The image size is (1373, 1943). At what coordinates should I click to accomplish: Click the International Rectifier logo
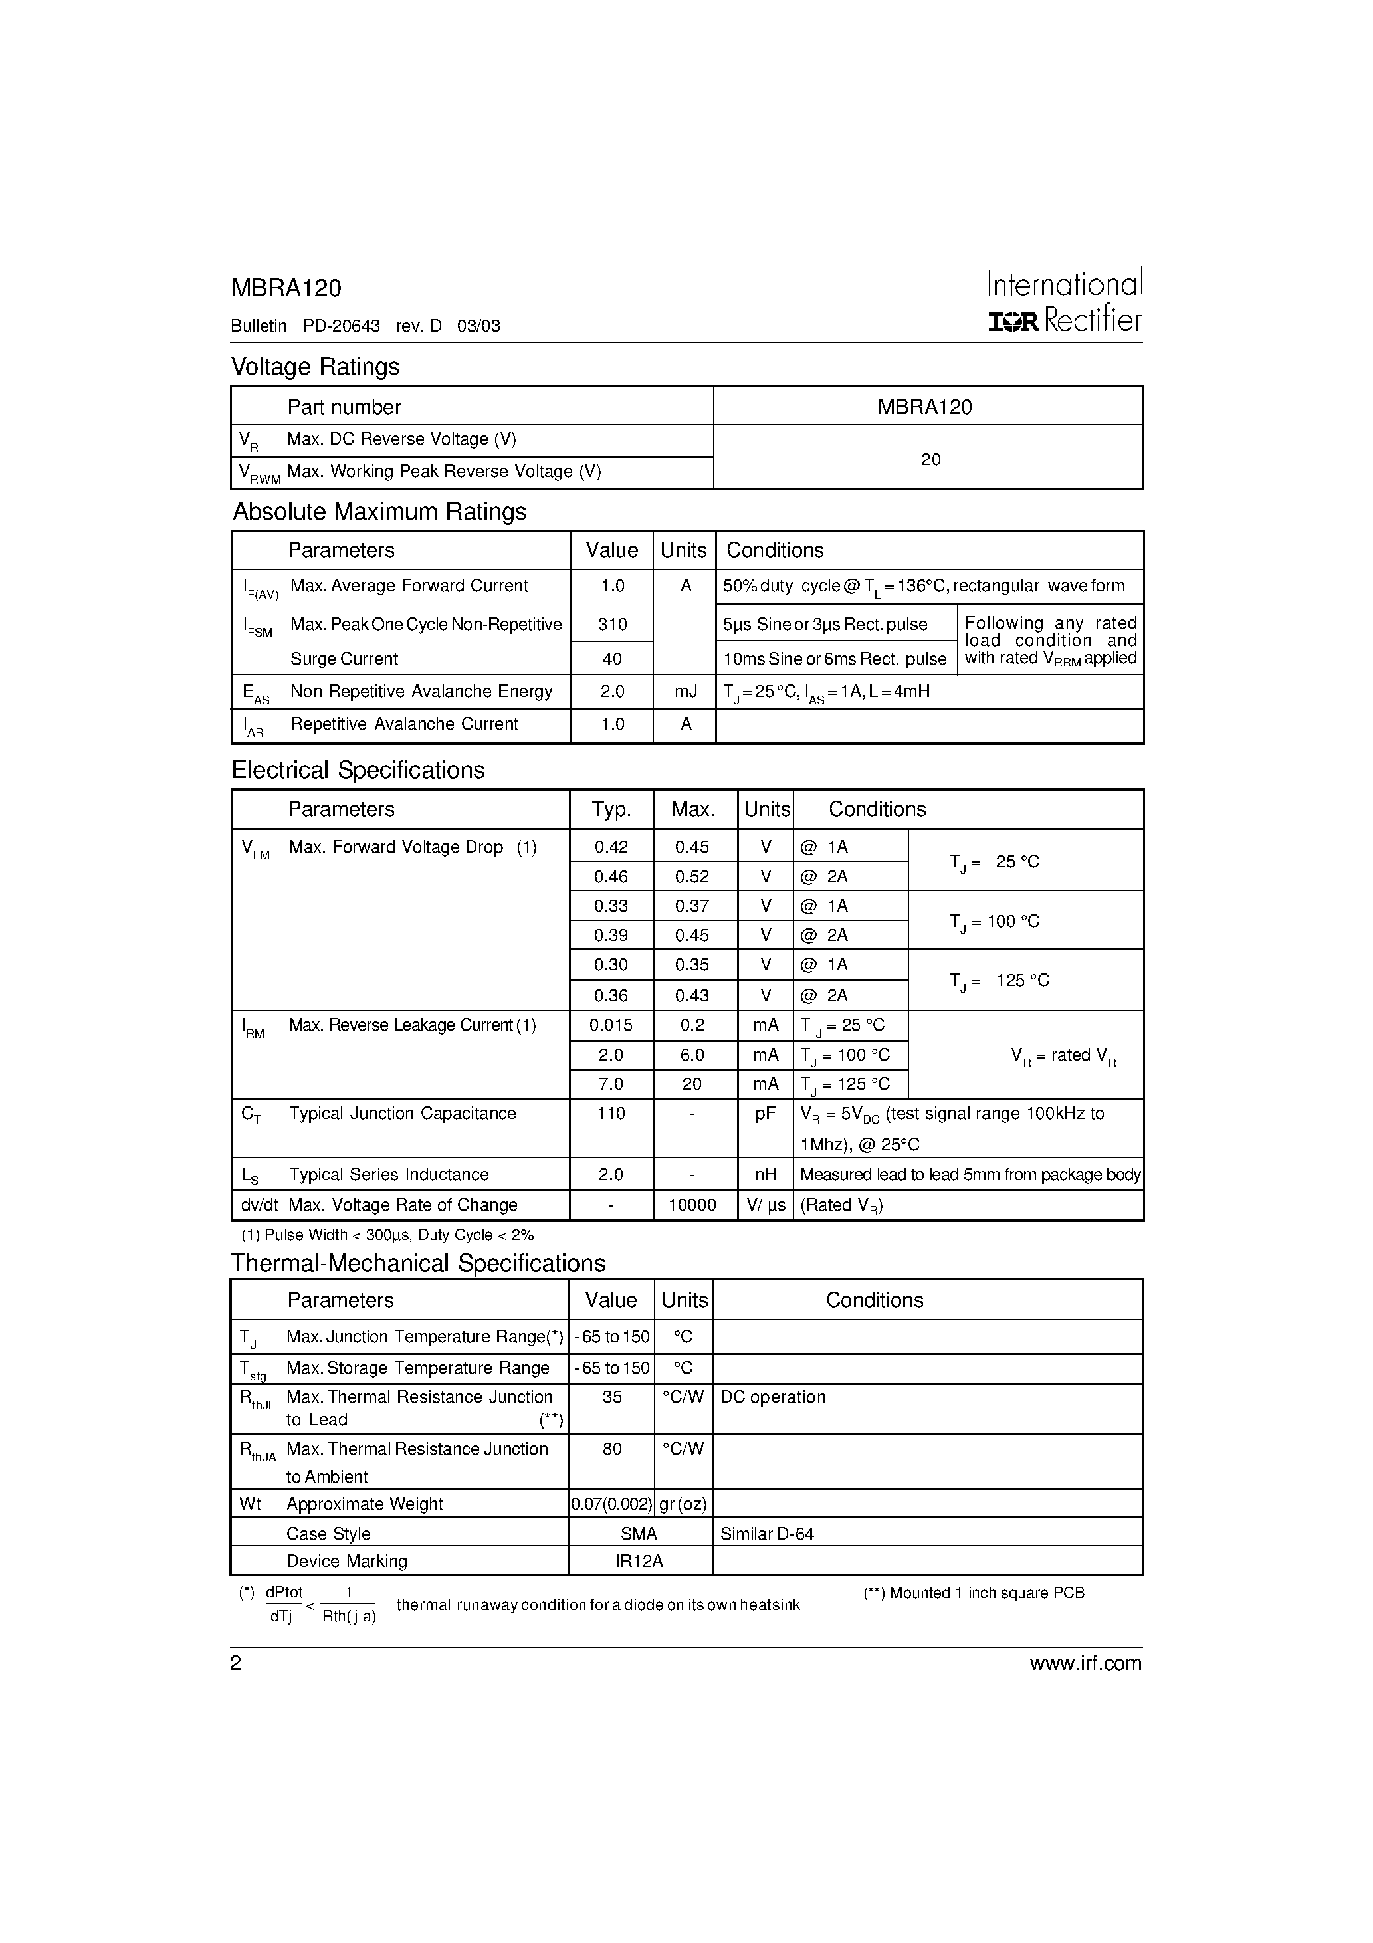(x=1065, y=301)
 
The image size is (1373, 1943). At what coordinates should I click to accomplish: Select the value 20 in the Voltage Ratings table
(x=930, y=460)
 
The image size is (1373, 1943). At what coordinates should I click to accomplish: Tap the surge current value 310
(x=612, y=625)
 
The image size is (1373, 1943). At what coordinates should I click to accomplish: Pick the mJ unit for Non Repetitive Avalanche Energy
(x=685, y=691)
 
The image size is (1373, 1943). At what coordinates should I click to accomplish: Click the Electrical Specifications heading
(x=358, y=770)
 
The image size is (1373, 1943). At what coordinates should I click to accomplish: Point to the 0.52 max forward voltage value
(x=692, y=876)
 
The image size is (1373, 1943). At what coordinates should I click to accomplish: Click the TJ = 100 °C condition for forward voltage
(x=995, y=922)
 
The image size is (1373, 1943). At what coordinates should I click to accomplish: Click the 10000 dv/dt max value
(x=692, y=1205)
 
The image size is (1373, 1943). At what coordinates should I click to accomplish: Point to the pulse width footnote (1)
(x=387, y=1235)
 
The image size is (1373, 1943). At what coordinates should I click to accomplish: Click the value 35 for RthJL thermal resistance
(x=611, y=1397)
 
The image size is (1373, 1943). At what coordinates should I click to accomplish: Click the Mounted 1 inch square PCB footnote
(x=974, y=1593)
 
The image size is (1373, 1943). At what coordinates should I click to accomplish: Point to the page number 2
(x=236, y=1664)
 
